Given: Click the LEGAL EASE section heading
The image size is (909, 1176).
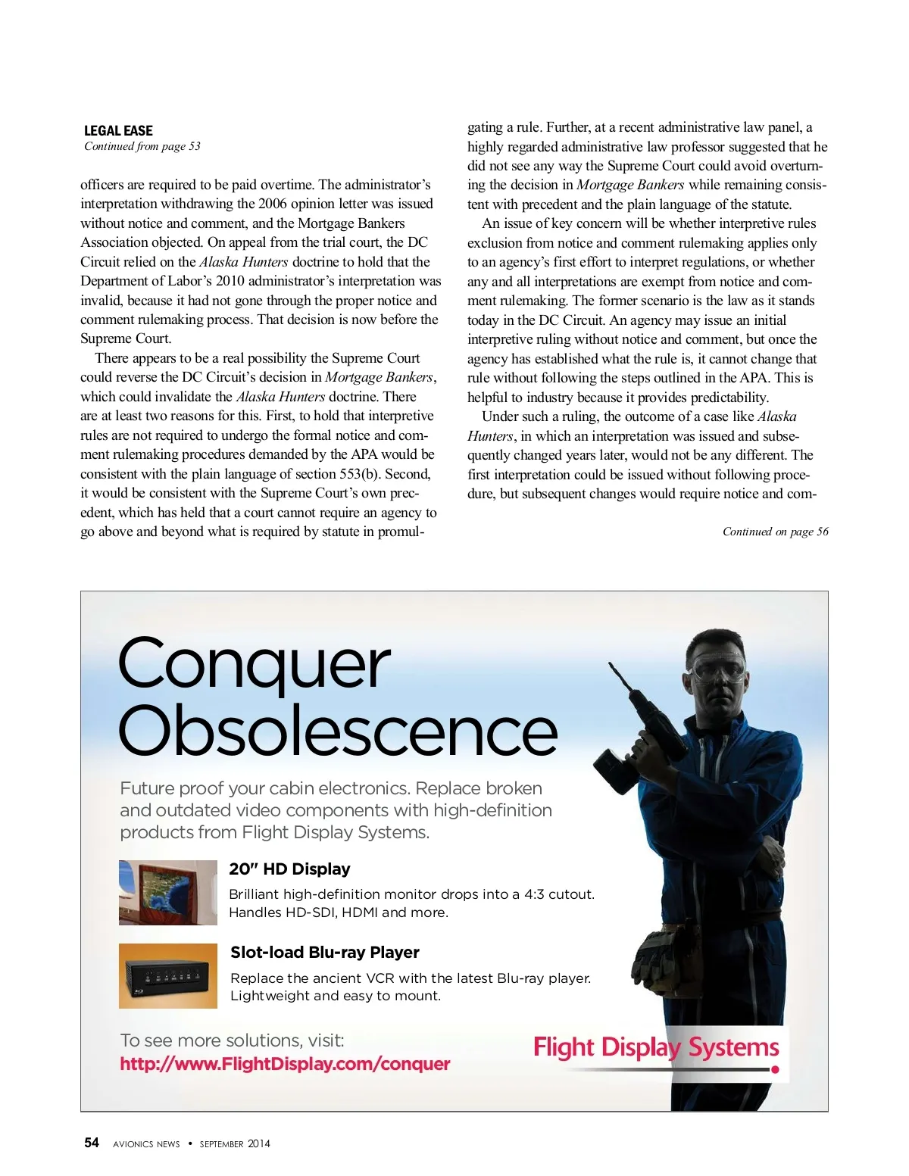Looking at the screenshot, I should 118,130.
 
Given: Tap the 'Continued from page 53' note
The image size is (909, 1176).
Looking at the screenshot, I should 142,146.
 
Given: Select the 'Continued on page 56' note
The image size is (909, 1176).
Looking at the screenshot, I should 775,532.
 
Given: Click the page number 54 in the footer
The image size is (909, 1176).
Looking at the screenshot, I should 92,1143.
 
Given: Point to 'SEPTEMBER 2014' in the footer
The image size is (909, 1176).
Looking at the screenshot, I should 235,1143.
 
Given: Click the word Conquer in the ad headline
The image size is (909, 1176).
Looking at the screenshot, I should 254,664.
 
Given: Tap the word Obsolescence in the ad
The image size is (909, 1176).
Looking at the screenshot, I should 337,731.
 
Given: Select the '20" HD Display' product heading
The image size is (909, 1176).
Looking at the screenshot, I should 289,869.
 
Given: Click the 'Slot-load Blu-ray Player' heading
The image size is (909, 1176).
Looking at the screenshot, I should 324,953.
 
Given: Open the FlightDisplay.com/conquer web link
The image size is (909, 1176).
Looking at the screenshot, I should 285,1064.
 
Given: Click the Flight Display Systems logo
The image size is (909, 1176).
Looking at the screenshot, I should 656,1047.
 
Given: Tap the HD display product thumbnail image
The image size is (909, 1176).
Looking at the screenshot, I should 168,892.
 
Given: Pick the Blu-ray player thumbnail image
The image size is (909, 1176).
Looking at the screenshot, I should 168,975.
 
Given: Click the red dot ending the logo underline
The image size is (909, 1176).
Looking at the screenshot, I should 775,1070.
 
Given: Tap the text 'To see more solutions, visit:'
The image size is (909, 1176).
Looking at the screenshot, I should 232,1040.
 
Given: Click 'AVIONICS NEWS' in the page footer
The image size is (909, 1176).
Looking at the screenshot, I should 146,1144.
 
